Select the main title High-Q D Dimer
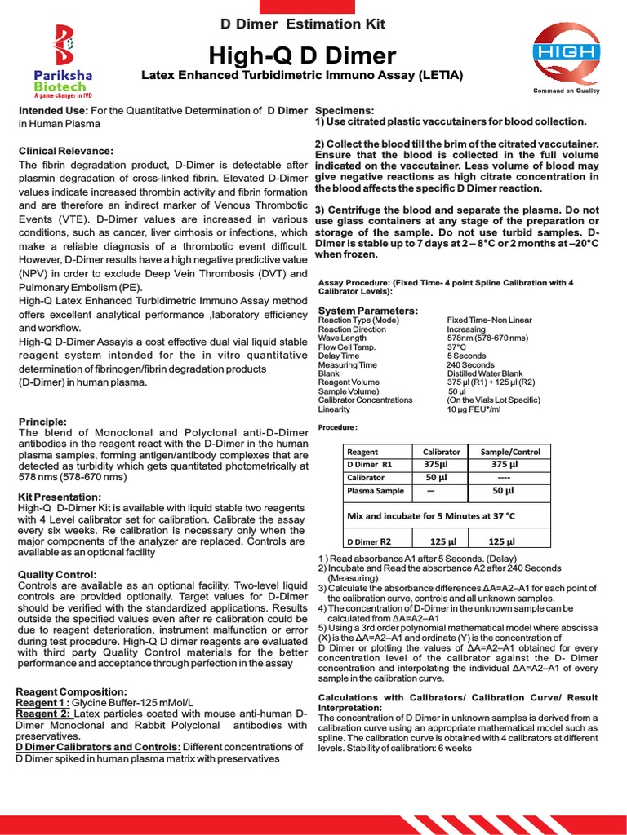303,55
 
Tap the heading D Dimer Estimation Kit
303,24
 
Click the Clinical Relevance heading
66,151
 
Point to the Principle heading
42,422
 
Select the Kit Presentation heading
60,497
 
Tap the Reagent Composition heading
71,692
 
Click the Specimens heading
345,110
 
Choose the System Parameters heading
367,311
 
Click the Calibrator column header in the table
441,452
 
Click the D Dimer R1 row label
371,465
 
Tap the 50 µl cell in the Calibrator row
438,478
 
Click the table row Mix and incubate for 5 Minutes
432,515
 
